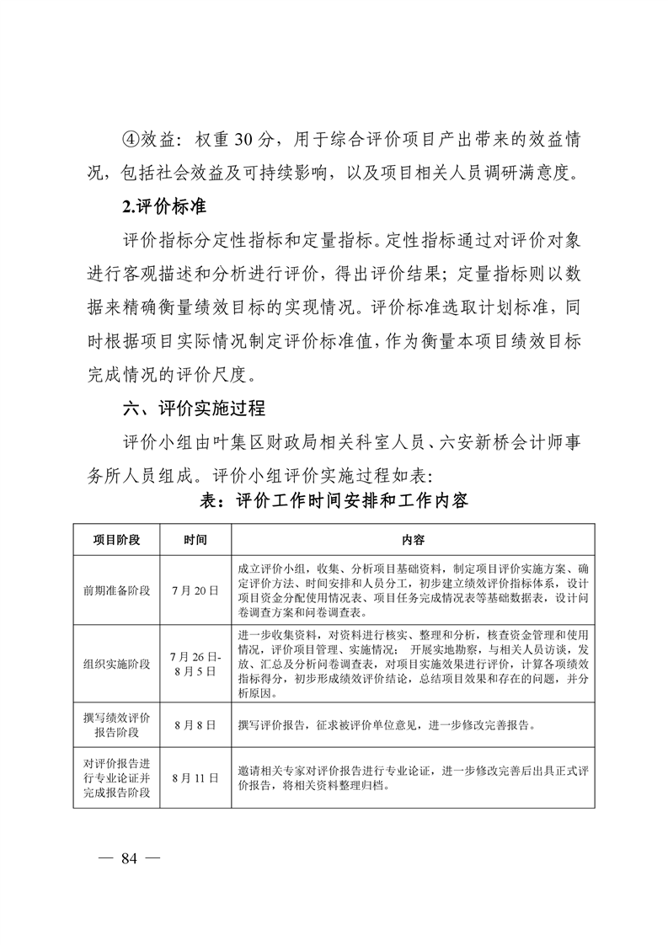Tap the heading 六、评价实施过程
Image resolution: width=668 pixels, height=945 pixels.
[194, 408]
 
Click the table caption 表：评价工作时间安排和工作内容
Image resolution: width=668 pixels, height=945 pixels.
[333, 499]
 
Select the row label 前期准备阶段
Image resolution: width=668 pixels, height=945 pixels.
[116, 590]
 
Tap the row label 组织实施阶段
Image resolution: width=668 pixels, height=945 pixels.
[116, 664]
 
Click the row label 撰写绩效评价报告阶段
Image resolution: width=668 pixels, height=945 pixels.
[116, 723]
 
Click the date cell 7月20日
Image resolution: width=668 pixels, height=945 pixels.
[195, 590]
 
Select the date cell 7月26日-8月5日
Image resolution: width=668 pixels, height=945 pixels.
[195, 664]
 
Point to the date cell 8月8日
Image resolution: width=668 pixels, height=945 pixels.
[195, 723]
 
